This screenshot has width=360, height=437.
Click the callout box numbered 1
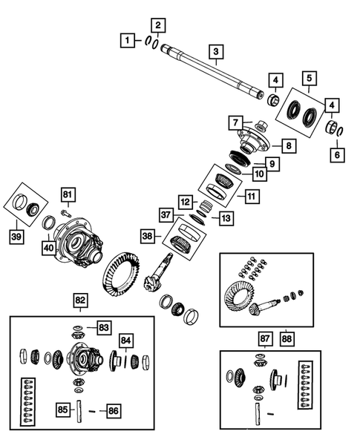(128, 39)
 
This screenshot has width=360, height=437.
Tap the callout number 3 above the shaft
(215, 51)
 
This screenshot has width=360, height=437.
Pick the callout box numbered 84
(126, 341)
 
